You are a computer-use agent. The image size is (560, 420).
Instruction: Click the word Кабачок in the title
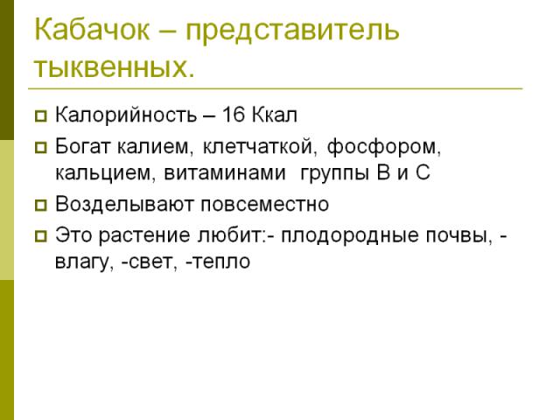click(92, 29)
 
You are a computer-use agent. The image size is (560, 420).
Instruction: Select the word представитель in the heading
click(292, 32)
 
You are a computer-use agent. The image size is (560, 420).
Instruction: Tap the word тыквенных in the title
click(111, 67)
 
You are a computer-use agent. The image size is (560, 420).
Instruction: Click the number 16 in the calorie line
click(234, 115)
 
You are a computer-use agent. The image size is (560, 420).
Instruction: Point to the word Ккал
click(275, 115)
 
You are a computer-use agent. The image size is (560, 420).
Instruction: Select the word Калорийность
click(126, 115)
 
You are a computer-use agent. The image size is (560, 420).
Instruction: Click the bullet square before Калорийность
click(41, 116)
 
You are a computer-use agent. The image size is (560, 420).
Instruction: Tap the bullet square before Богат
click(41, 148)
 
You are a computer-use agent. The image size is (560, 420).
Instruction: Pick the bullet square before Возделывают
click(41, 206)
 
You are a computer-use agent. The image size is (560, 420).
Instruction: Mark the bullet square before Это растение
click(41, 236)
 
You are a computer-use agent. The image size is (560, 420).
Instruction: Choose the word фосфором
click(381, 147)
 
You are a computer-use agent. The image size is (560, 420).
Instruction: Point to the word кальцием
click(103, 173)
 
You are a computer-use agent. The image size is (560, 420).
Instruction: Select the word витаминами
click(225, 173)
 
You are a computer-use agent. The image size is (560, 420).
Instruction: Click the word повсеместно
click(264, 205)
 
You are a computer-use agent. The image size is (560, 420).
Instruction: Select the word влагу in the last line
click(81, 262)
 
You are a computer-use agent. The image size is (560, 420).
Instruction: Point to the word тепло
click(220, 262)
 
